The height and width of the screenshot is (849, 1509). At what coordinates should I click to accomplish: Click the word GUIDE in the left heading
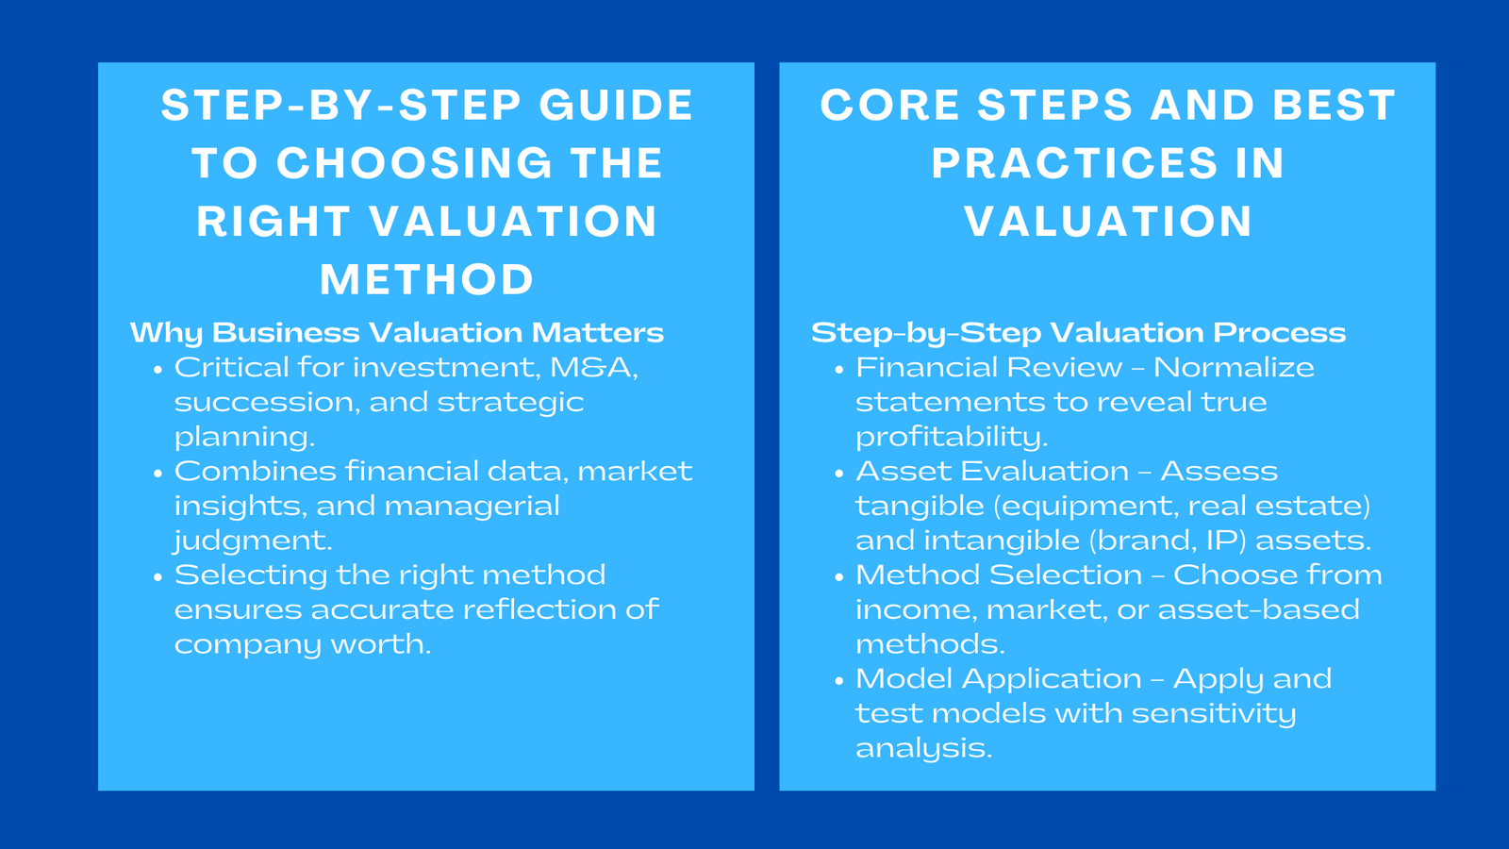pos(616,105)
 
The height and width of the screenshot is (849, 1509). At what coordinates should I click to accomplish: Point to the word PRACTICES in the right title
pos(1074,163)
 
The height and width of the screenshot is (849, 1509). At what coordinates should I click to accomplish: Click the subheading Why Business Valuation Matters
pos(396,332)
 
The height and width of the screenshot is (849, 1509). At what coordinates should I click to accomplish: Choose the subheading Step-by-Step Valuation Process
pos(1078,332)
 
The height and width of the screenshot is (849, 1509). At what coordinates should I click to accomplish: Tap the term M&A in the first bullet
pos(593,367)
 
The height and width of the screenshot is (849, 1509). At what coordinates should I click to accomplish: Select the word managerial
pos(472,506)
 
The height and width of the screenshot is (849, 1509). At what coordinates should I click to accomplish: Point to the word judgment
pos(253,541)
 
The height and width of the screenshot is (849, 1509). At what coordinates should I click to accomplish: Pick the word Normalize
pos(1233,367)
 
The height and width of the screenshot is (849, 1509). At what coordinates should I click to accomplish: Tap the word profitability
pos(951,437)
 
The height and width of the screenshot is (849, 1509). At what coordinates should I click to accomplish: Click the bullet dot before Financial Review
pos(838,370)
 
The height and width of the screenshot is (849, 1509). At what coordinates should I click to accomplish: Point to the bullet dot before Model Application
pos(838,681)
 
